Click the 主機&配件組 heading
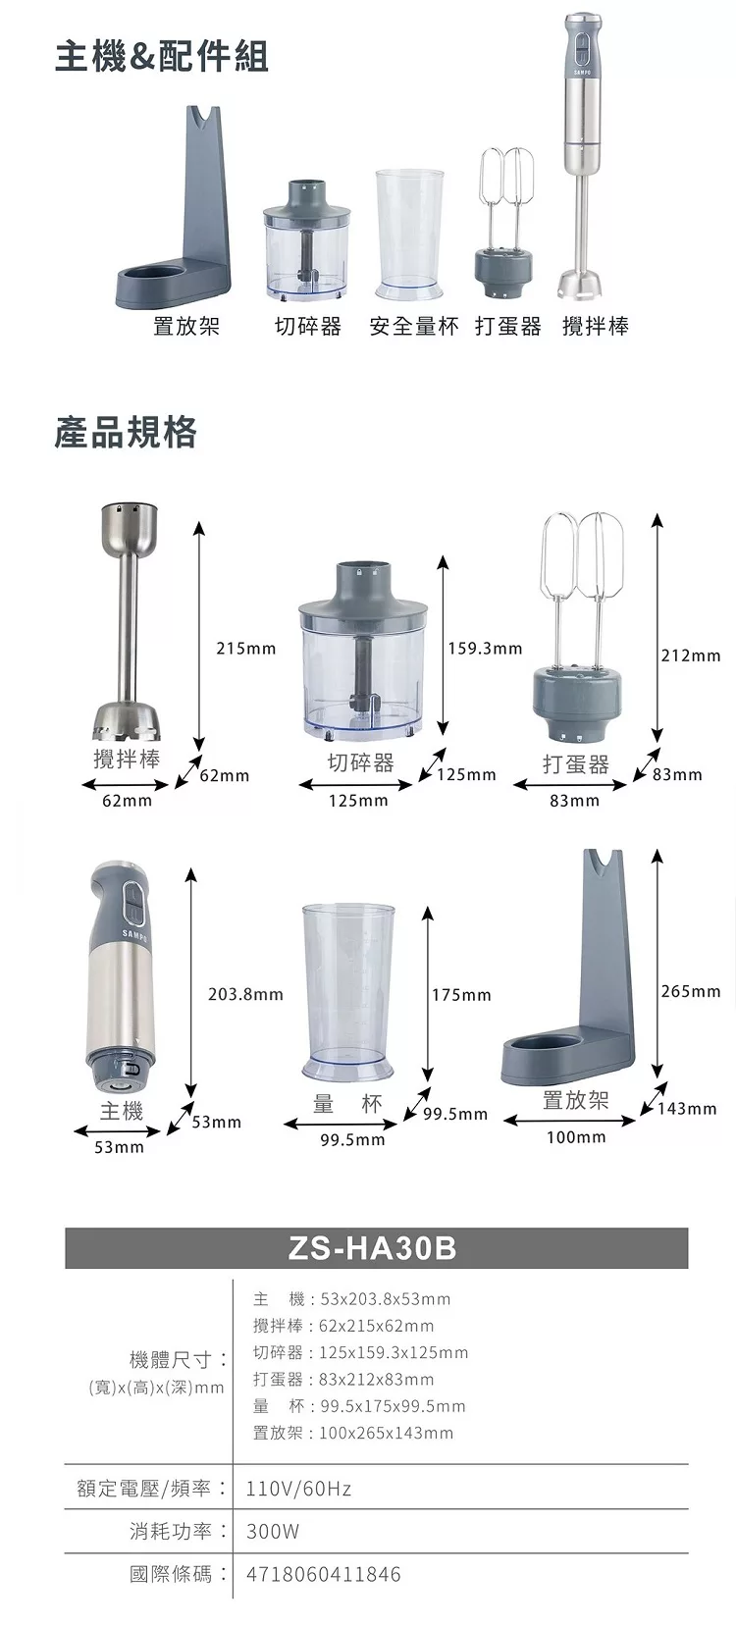(x=162, y=57)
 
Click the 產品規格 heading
(x=126, y=433)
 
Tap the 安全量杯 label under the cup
(x=414, y=327)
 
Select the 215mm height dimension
(x=246, y=649)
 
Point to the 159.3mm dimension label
(x=485, y=649)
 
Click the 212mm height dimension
(x=691, y=656)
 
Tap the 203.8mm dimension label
(x=245, y=994)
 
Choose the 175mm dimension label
(x=461, y=994)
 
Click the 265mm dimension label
(x=691, y=991)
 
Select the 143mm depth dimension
(x=687, y=1109)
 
